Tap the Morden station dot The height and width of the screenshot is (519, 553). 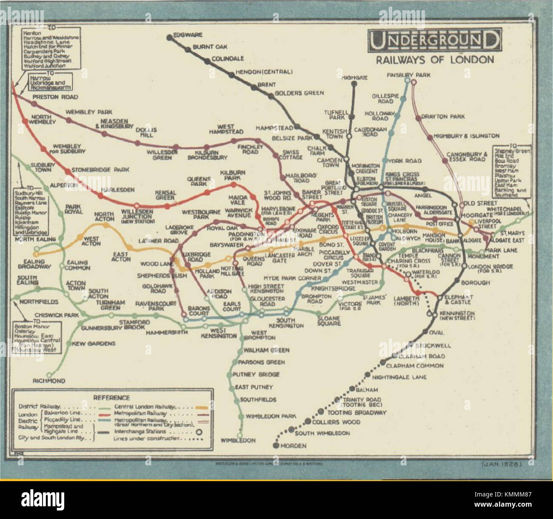tap(276, 445)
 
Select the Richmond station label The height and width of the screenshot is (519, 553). tap(49, 381)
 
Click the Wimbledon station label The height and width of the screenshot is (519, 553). tap(238, 441)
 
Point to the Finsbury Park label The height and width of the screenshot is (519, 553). tap(408, 75)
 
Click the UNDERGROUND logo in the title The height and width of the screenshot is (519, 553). tap(434, 41)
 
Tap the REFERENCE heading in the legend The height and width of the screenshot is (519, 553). tap(111, 398)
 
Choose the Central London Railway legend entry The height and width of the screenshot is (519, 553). tap(145, 407)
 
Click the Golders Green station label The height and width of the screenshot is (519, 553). tap(299, 93)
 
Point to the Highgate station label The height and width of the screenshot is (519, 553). tap(354, 78)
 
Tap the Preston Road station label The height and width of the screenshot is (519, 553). tap(55, 97)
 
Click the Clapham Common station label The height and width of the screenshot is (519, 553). tap(415, 365)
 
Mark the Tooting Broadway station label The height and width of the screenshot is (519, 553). tap(356, 412)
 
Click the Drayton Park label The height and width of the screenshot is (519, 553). tap(442, 117)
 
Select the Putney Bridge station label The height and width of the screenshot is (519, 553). tap(256, 374)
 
